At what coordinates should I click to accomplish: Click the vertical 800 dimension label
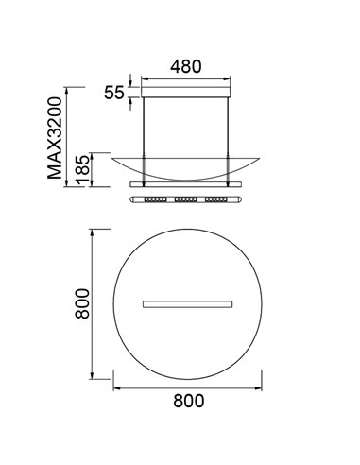click(x=82, y=302)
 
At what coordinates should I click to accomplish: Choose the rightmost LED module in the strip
click(x=221, y=200)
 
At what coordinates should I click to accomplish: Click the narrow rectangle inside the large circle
click(x=188, y=303)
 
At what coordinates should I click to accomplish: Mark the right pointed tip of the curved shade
click(x=263, y=158)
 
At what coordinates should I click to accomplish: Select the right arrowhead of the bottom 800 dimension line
click(x=261, y=387)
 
